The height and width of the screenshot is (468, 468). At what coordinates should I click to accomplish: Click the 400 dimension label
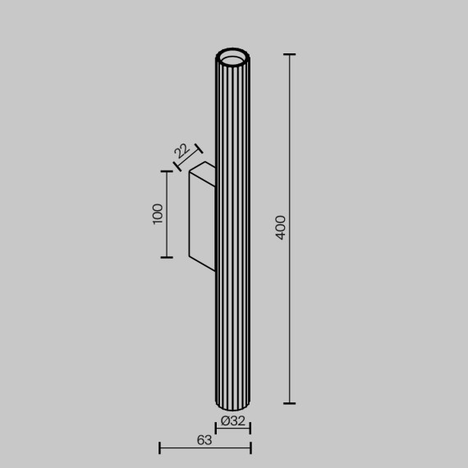[x=281, y=227]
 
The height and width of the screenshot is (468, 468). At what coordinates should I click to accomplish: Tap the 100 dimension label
[x=158, y=213]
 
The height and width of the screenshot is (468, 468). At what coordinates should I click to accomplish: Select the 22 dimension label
[x=181, y=151]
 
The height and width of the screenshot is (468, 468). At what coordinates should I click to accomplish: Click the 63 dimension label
[x=204, y=439]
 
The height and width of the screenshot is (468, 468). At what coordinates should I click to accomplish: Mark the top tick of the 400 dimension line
[x=289, y=55]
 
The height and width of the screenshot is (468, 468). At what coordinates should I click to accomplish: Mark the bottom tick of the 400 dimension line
[x=289, y=403]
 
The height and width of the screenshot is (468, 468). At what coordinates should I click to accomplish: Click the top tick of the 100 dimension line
[x=167, y=172]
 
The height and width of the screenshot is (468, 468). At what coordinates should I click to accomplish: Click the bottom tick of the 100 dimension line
[x=167, y=257]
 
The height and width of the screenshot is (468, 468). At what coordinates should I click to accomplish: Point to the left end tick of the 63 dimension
[x=160, y=448]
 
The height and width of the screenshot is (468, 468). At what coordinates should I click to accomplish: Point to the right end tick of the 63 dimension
[x=250, y=448]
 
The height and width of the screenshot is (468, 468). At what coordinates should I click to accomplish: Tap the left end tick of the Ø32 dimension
[x=216, y=428]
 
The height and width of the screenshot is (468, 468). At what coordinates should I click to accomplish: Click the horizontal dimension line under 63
[x=205, y=448]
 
